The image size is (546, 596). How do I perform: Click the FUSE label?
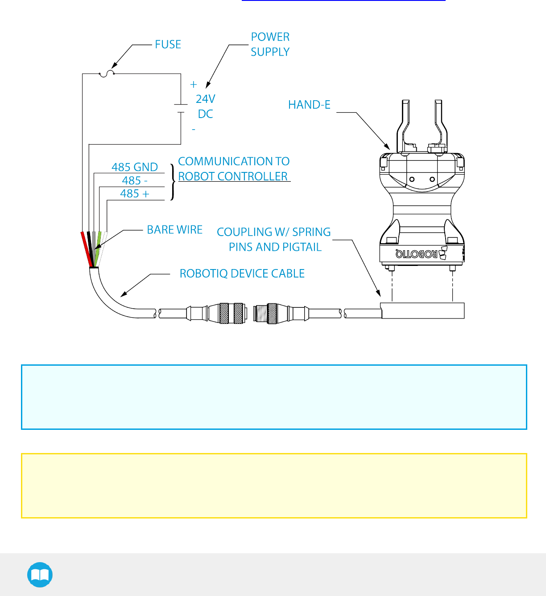point(168,45)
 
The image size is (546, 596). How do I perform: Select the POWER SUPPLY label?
point(270,44)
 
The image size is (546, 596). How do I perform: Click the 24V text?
point(205,99)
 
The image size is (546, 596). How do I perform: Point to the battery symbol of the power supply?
point(181,109)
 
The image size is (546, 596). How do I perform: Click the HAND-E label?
point(309,105)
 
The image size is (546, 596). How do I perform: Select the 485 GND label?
point(134,167)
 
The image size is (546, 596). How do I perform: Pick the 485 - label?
point(134,180)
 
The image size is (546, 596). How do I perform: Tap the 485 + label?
point(134,194)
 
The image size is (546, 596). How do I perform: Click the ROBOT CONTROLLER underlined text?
point(233,176)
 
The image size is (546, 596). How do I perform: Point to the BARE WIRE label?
point(174,230)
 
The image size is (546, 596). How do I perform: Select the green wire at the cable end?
point(98,248)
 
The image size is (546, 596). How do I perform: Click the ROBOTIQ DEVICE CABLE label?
point(242,274)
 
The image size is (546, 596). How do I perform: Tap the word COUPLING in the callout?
point(244,232)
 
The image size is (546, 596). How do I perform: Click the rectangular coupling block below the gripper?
point(422,310)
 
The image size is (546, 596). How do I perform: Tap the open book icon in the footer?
point(40,575)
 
